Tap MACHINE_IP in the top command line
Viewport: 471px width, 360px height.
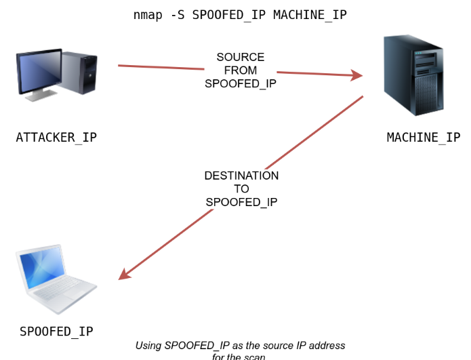(310, 14)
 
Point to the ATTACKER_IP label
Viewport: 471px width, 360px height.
(56, 138)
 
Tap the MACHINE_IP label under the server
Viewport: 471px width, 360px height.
(423, 138)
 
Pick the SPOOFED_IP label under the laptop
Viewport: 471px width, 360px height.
(56, 332)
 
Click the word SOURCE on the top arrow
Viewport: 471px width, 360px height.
(241, 58)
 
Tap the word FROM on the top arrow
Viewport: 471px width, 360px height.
(241, 71)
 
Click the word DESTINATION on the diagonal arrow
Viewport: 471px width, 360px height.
(241, 176)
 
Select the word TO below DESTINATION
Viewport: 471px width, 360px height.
(241, 189)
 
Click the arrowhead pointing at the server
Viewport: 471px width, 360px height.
(356, 76)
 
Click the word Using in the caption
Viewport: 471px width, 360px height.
(148, 346)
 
